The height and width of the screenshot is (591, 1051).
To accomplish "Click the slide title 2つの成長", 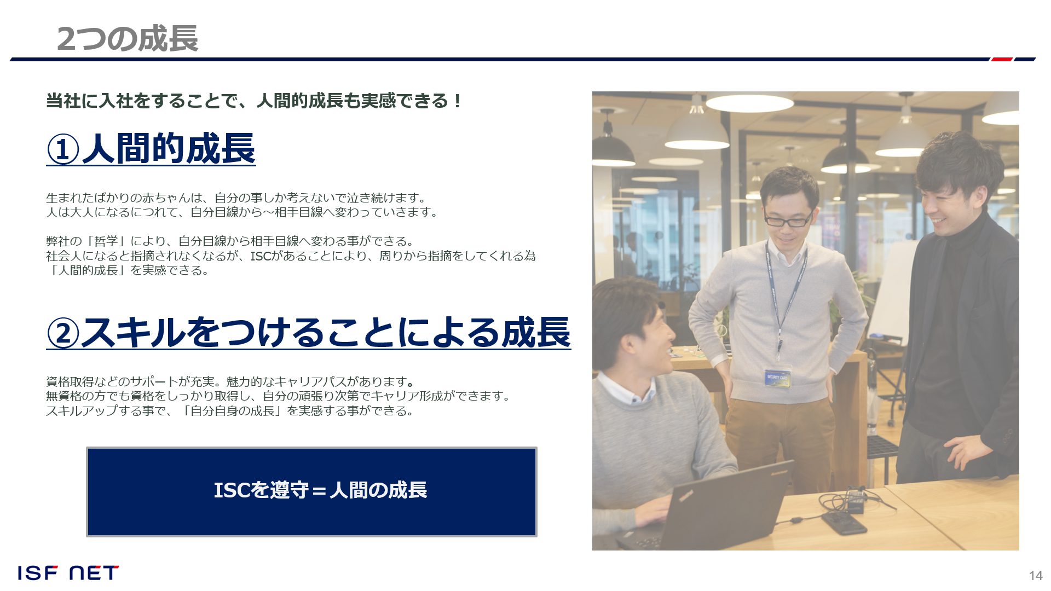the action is [127, 39].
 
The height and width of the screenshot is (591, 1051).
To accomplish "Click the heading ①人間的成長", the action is [151, 149].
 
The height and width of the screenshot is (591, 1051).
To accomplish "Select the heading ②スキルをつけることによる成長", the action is [309, 332].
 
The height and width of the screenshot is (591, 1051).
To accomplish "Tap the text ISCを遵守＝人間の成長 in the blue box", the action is [320, 490].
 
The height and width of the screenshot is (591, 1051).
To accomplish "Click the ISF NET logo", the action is [68, 573].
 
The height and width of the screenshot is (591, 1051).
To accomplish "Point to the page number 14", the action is [1036, 575].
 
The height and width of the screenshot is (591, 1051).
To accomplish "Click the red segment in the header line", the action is [1002, 59].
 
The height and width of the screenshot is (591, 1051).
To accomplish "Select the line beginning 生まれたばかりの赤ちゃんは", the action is [236, 198].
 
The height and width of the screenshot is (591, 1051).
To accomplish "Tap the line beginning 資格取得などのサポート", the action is [230, 381].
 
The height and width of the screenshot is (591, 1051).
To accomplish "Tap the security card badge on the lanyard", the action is [777, 377].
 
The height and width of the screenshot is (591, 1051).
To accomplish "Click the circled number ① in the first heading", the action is [63, 149].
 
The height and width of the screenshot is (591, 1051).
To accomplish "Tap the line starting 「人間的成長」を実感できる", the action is [128, 270].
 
